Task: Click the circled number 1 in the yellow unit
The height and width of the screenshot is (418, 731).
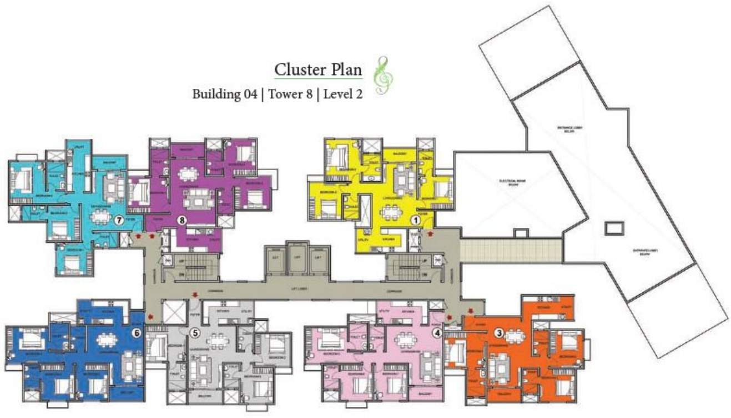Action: click(x=414, y=220)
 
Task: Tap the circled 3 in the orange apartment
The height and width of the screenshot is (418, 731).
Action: click(x=499, y=334)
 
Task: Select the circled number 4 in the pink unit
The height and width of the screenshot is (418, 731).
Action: click(x=437, y=334)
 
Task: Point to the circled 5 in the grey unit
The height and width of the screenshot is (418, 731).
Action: click(x=194, y=334)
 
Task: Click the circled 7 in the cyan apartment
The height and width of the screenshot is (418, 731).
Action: click(x=118, y=220)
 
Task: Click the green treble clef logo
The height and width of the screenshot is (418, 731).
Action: click(x=381, y=75)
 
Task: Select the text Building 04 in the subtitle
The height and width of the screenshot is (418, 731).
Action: click(x=224, y=94)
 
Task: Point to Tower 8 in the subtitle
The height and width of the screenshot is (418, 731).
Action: click(x=290, y=94)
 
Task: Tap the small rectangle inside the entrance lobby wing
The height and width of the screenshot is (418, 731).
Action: click(x=614, y=227)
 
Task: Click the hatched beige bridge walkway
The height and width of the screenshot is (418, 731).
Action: click(x=511, y=251)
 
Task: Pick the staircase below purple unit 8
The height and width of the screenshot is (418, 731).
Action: click(x=192, y=269)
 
